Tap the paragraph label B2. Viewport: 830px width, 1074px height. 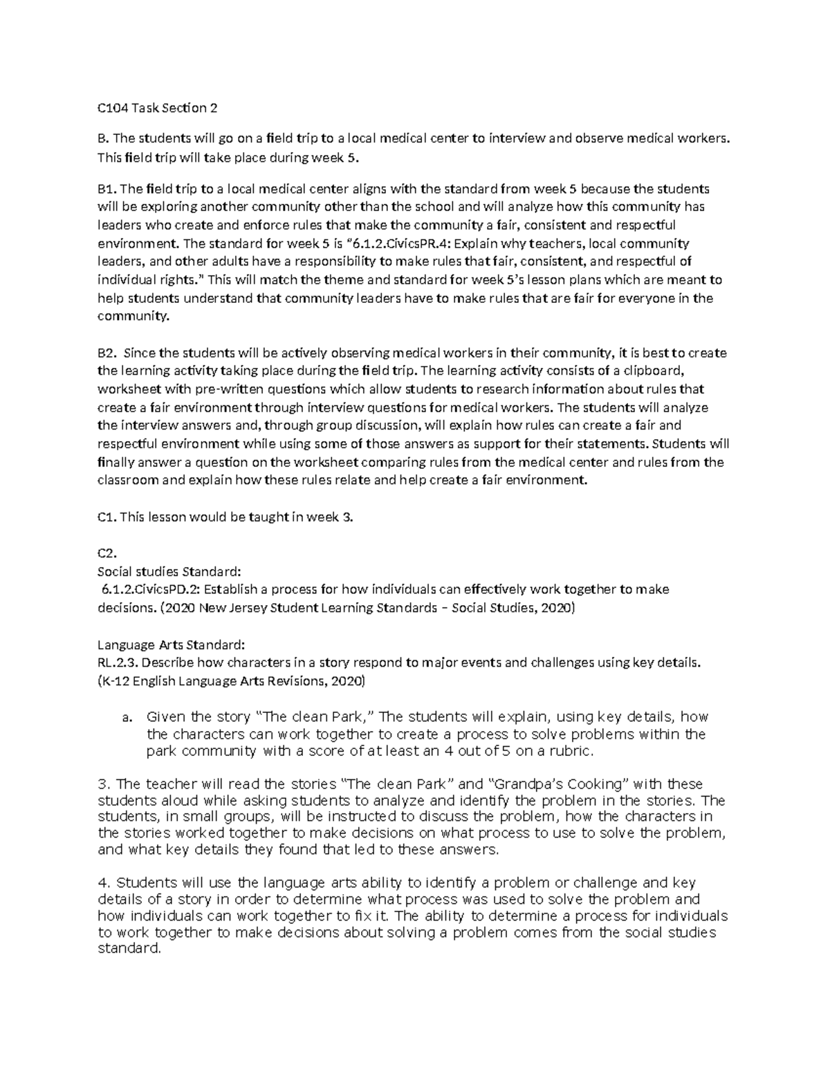108,353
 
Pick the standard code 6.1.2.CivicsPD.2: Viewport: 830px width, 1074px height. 151,590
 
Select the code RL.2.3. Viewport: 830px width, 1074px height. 115,663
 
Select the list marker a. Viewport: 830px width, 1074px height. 127,717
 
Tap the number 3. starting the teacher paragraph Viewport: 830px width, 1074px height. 104,784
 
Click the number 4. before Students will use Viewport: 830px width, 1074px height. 104,882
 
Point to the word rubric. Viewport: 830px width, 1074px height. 571,751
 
